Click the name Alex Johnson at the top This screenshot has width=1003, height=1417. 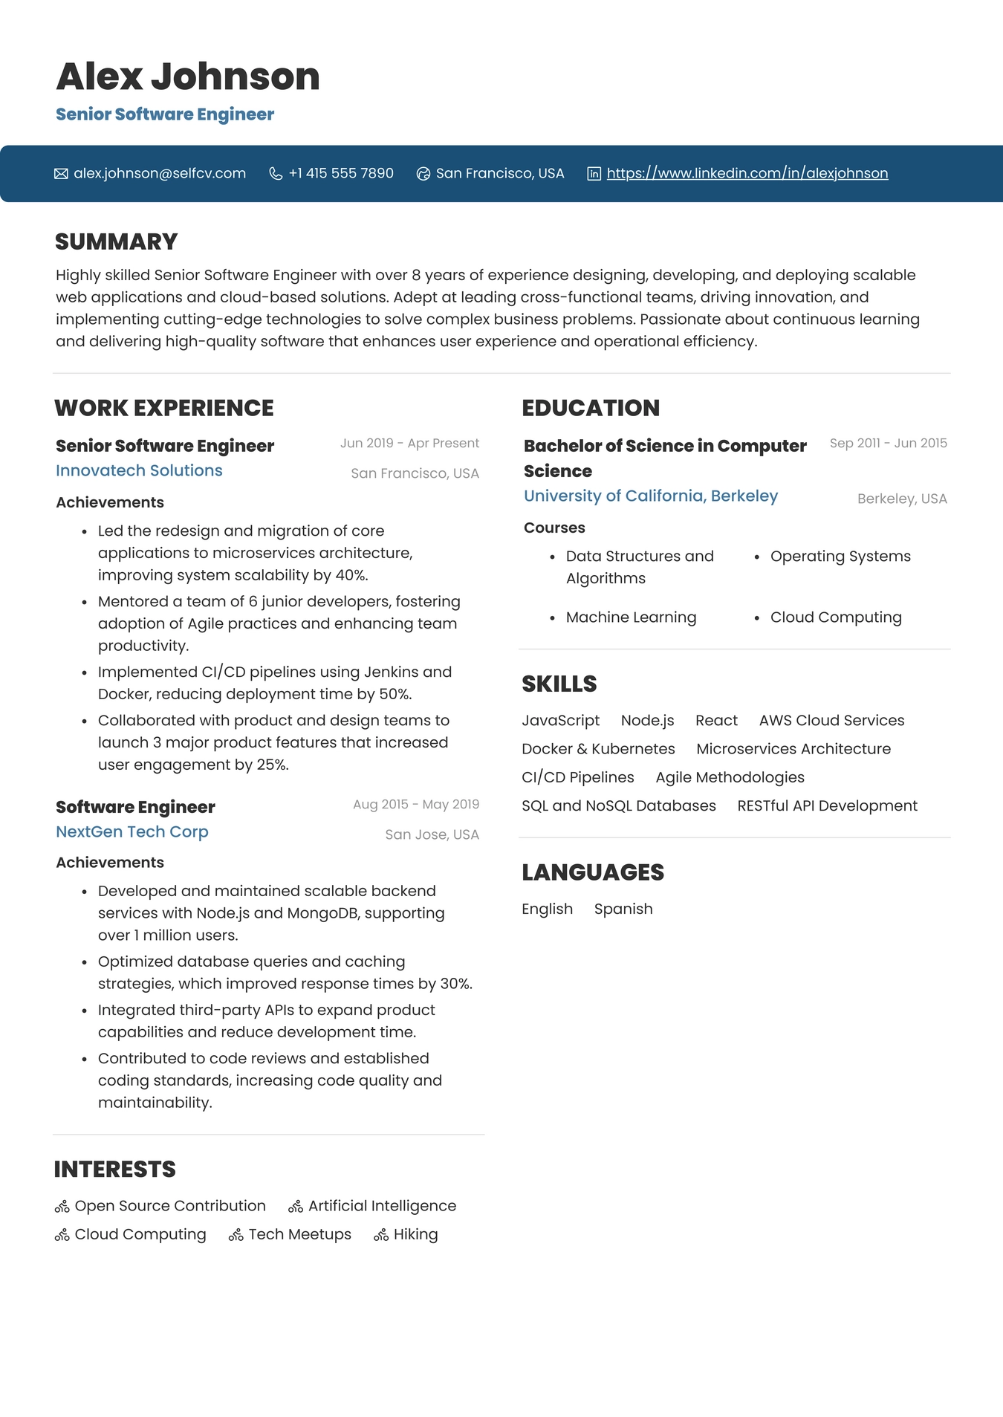tap(187, 77)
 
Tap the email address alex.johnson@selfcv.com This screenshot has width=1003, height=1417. tap(160, 173)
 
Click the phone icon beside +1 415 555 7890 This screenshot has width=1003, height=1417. tap(276, 174)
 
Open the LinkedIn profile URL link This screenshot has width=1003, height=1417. tap(747, 173)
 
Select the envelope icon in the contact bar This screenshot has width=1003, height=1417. tap(61, 174)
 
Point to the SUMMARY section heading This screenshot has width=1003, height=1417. tap(117, 241)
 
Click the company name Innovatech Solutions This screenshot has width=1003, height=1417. tap(139, 470)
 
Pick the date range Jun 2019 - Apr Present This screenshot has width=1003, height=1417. tap(409, 443)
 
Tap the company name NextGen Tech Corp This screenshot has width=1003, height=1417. tap(132, 831)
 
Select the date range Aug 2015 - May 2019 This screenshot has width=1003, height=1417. tap(415, 804)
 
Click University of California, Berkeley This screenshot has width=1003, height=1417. tap(651, 496)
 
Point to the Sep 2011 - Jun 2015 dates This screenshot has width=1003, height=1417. tap(888, 443)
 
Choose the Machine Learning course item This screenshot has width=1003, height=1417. tap(631, 617)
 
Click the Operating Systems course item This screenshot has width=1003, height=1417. tap(840, 557)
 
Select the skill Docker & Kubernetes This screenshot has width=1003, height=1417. tap(598, 749)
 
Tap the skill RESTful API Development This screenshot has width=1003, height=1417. tap(827, 806)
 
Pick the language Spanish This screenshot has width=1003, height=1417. tap(623, 909)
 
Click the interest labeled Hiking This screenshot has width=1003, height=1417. tap(415, 1234)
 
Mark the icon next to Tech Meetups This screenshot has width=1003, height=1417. tap(236, 1235)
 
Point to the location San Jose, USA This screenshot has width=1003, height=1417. tap(432, 834)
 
